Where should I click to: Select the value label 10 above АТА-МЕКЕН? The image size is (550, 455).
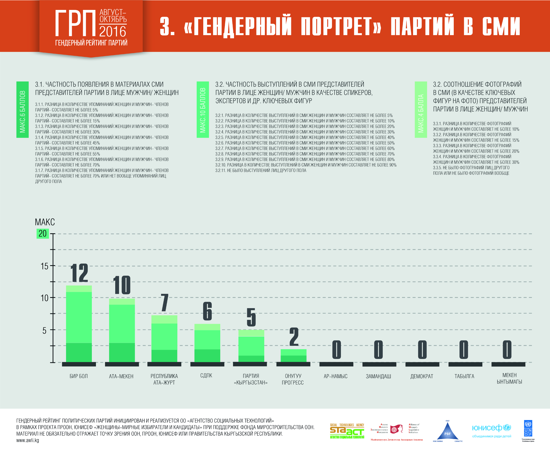(x=122, y=285)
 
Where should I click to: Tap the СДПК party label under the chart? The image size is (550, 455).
(x=206, y=375)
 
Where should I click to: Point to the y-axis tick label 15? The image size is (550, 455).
(x=44, y=266)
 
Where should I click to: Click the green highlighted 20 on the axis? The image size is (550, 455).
(x=43, y=234)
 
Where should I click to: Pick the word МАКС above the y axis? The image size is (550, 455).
(x=45, y=222)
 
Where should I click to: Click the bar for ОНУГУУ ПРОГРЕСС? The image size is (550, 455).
(x=293, y=355)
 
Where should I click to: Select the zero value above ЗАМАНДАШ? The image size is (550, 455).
(x=378, y=349)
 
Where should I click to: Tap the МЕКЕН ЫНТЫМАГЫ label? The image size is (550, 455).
(x=509, y=379)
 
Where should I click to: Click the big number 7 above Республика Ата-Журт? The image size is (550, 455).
(x=164, y=303)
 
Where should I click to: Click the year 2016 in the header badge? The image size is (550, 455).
(x=113, y=32)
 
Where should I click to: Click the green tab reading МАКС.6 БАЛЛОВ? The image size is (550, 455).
(x=23, y=110)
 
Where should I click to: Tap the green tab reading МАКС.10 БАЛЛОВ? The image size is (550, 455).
(x=203, y=110)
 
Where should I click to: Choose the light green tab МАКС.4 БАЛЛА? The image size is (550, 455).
(x=421, y=110)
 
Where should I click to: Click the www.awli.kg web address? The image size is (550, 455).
(x=28, y=440)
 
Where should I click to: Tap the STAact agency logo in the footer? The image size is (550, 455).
(x=347, y=431)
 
